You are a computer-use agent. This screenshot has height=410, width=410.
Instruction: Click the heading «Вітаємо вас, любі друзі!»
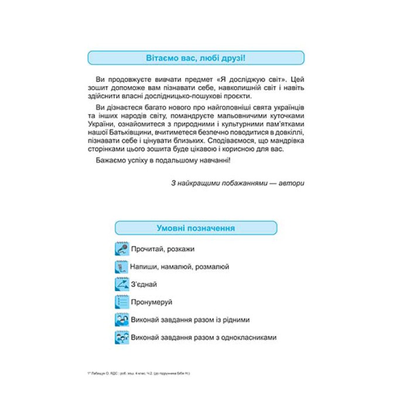[x=196, y=57]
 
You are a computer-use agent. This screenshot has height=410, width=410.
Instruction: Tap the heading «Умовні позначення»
[x=196, y=228]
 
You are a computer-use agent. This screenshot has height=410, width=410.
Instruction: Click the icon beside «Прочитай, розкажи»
[x=122, y=249]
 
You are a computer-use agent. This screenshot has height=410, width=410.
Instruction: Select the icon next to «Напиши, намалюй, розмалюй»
[x=122, y=266]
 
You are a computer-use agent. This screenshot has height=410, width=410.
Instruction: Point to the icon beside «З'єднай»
[x=122, y=285]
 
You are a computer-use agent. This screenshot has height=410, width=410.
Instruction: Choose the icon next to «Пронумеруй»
[x=122, y=302]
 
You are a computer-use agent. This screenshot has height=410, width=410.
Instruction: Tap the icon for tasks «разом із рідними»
[x=122, y=320]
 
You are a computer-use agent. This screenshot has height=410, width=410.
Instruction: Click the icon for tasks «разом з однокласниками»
[x=122, y=338]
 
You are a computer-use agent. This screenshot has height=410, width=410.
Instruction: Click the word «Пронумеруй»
[x=152, y=302]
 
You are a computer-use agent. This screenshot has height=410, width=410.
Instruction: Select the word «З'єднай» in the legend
[x=145, y=285]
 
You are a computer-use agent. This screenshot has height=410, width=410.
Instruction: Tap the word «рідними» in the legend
[x=234, y=320]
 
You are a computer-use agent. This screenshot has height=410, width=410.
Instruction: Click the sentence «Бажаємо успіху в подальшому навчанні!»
[x=162, y=160]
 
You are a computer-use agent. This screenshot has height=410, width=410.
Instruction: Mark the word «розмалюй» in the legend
[x=211, y=266]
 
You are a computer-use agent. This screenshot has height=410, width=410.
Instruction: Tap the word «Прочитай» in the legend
[x=147, y=249]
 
